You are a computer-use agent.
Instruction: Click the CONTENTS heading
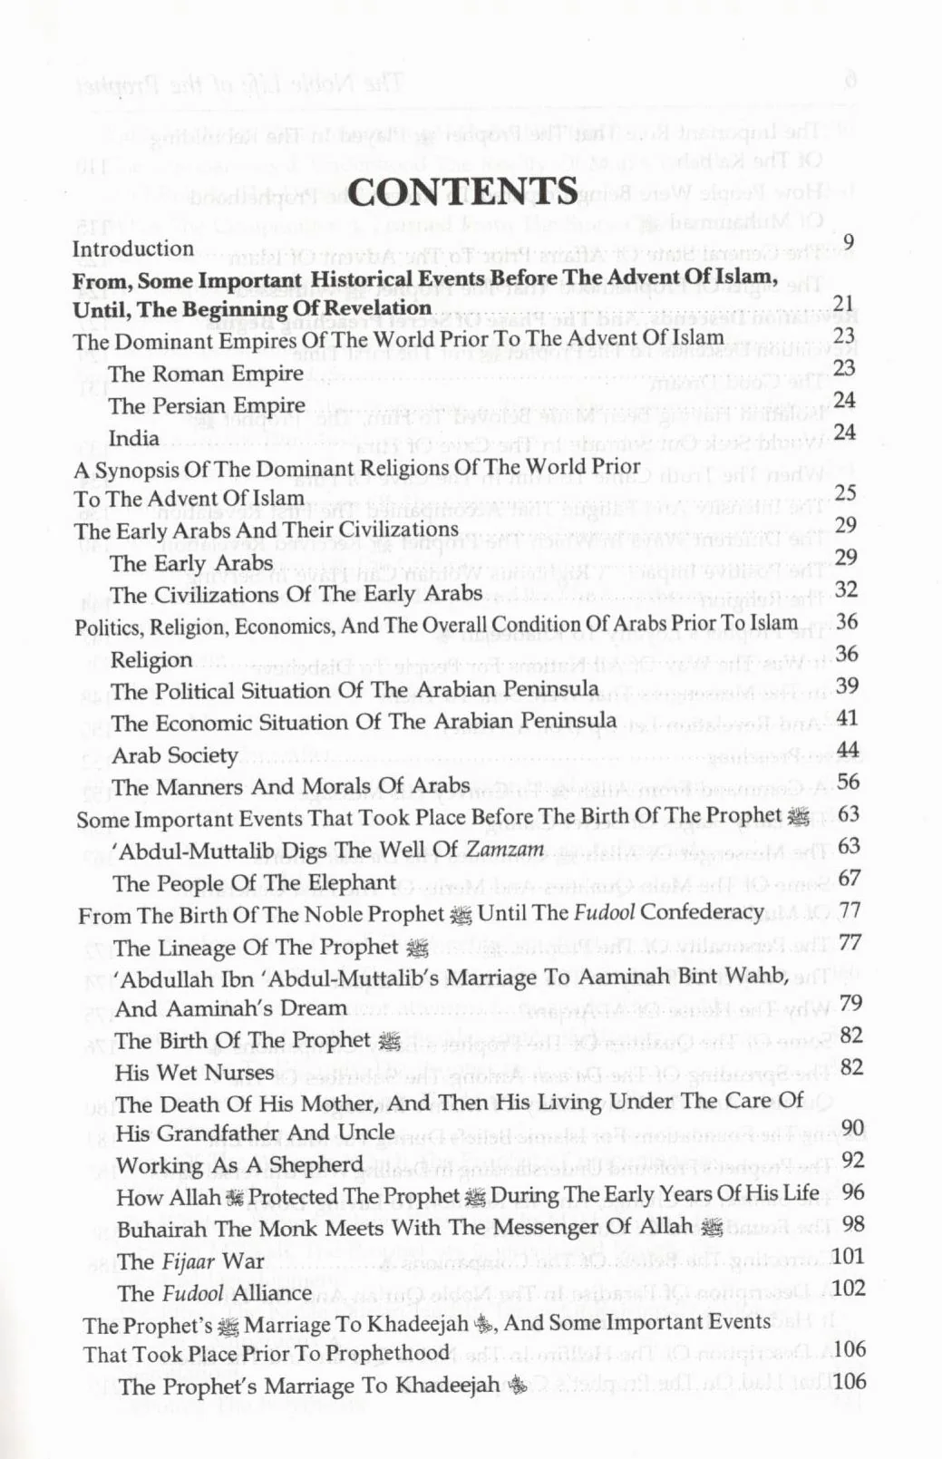coord(463,191)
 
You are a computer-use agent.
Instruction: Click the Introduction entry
coord(133,248)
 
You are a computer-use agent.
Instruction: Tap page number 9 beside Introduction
coord(849,241)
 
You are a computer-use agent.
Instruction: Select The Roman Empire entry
coord(206,374)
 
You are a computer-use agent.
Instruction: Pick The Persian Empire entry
coord(207,405)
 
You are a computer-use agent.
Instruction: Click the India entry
coord(134,438)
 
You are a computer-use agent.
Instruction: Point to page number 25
coord(845,493)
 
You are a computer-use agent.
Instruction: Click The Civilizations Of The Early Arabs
coord(296,595)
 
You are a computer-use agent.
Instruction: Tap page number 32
coord(847,589)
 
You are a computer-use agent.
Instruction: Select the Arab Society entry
coord(175,755)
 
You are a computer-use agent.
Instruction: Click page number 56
coord(849,782)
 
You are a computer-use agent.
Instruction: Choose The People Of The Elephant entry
coord(255,883)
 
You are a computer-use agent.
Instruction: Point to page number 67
coord(850,878)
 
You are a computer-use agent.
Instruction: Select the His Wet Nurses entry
coord(194,1073)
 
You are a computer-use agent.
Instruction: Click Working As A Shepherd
coord(239,1165)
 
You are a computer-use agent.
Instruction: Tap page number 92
coord(852,1161)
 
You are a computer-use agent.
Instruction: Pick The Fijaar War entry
coord(190,1261)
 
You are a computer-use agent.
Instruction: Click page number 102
coord(849,1289)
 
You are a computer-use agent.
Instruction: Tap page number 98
coord(852,1224)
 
